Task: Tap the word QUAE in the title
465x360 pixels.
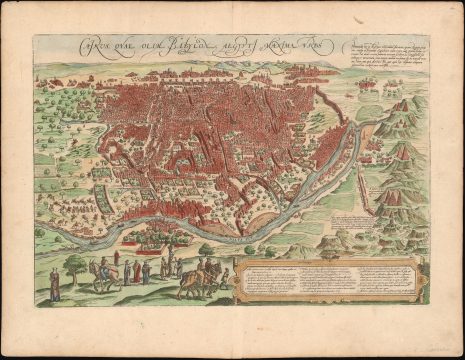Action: pyautogui.click(x=116, y=45)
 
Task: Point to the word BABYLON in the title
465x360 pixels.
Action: pyautogui.click(x=180, y=45)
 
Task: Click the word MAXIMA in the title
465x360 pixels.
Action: pyautogui.click(x=283, y=46)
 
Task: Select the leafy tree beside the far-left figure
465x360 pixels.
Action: pyautogui.click(x=74, y=267)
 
